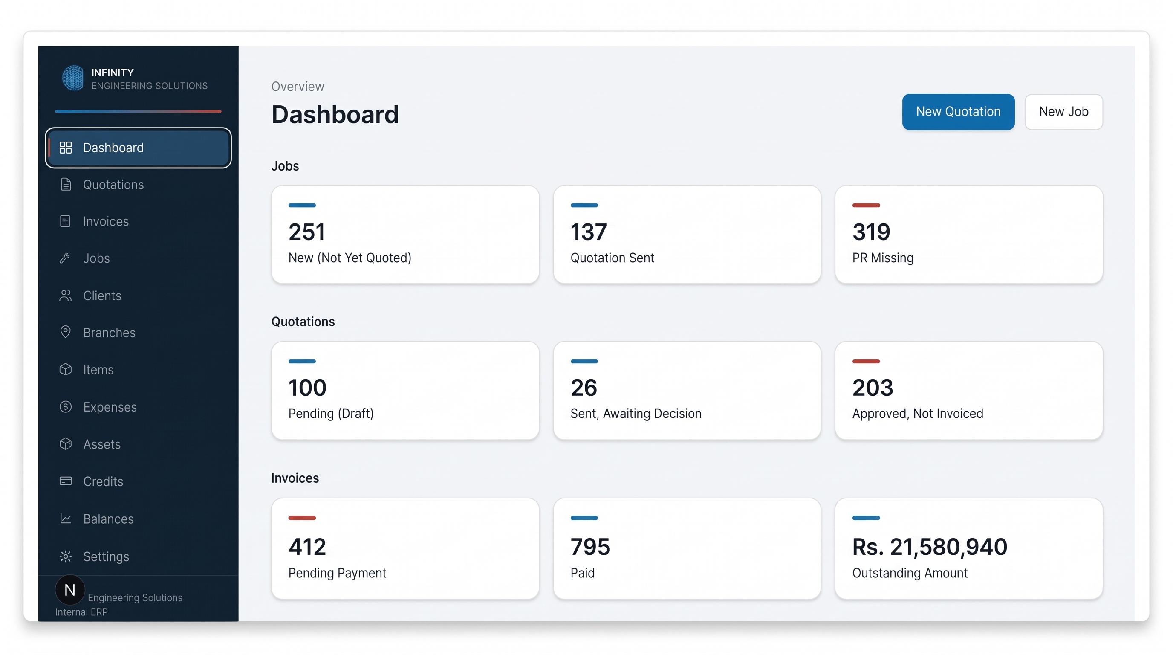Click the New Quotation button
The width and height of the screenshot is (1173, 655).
click(x=958, y=112)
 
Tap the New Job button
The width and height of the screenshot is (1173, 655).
click(x=1063, y=112)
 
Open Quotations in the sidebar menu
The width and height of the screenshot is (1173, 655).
click(x=113, y=185)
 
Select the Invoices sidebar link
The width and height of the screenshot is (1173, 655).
click(x=106, y=221)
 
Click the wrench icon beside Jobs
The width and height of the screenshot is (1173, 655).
click(x=65, y=258)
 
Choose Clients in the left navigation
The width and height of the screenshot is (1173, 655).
click(x=102, y=296)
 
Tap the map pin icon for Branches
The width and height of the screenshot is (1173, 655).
click(x=65, y=332)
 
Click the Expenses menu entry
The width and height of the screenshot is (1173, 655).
click(x=110, y=407)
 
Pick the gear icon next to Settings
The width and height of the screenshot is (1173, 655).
click(x=66, y=556)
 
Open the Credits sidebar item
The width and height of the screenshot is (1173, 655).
click(x=103, y=481)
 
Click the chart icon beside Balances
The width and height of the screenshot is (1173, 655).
click(x=66, y=519)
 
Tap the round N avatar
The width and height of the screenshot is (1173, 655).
click(x=69, y=590)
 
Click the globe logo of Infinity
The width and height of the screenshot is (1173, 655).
click(x=73, y=78)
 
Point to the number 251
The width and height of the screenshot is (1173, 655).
click(x=306, y=232)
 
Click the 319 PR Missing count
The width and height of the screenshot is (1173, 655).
click(x=871, y=232)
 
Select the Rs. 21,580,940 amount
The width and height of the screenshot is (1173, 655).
click(x=929, y=547)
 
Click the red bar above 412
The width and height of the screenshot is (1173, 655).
click(x=302, y=518)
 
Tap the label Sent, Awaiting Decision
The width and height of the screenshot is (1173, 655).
click(x=636, y=414)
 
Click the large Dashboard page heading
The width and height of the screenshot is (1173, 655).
click(x=335, y=114)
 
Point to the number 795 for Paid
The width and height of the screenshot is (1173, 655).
click(x=590, y=547)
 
